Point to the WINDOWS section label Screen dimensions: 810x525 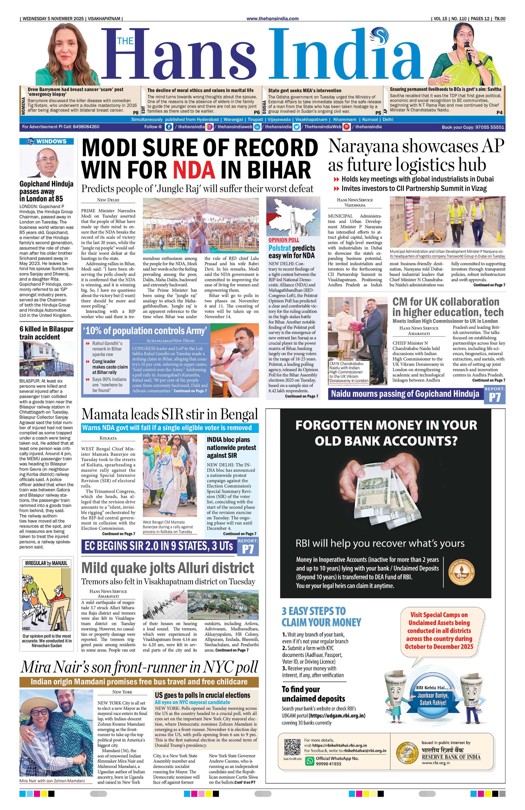tap(47, 141)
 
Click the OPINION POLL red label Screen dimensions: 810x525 tap(284, 240)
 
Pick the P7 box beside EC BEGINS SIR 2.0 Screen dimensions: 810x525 tap(248, 549)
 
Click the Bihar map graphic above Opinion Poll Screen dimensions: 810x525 tap(293, 216)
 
